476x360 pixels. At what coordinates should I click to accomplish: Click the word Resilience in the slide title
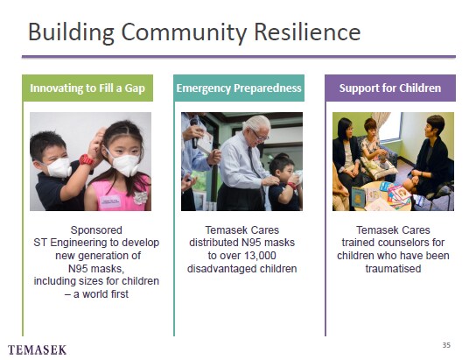pos(307,32)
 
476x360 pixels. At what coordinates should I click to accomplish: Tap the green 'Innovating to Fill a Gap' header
pos(87,88)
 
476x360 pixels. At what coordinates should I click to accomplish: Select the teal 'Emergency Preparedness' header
pos(239,88)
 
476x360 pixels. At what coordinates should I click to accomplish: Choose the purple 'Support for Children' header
pos(390,88)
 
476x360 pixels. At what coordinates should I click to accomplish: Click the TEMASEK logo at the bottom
pos(37,349)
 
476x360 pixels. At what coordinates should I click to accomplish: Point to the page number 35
pos(446,345)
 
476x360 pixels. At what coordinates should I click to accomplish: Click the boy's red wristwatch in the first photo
pos(87,159)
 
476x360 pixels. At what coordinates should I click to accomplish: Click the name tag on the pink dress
pos(110,201)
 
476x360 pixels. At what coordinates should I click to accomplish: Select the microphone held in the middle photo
pos(194,134)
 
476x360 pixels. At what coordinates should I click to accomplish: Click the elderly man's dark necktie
pos(254,163)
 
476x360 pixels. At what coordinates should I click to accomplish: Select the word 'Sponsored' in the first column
pos(96,230)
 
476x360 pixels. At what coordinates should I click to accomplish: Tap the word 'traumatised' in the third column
pos(393,269)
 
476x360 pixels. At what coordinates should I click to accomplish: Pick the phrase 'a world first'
pos(101,294)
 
